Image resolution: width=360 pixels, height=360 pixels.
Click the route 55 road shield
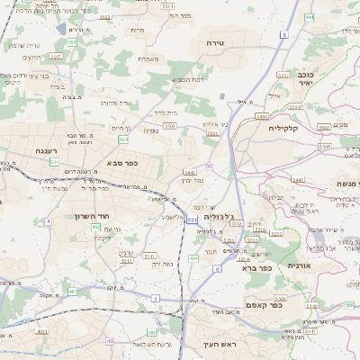coord(209,166)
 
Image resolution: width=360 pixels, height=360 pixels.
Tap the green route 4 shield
coord(48,220)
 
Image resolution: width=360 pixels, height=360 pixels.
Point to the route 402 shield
coord(96,227)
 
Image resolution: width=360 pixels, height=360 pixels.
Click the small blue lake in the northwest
coord(59,29)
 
